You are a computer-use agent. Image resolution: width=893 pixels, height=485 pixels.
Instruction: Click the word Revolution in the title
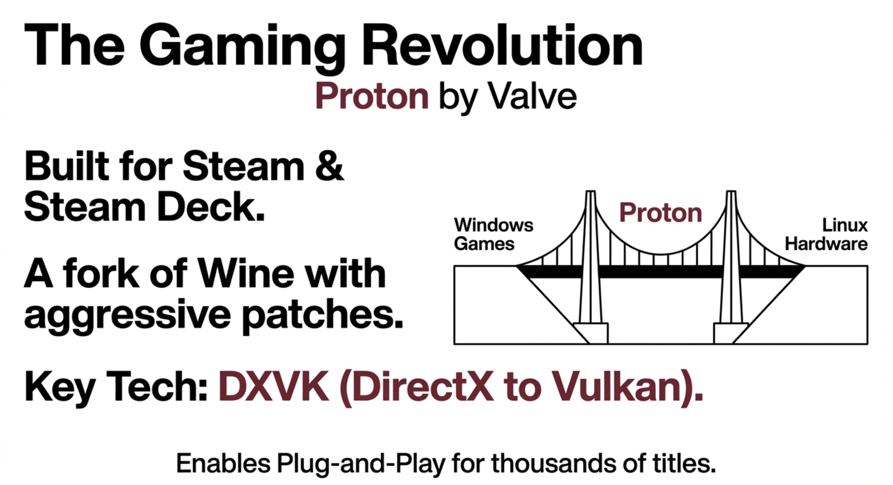click(502, 45)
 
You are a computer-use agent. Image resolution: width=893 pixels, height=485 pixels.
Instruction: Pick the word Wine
click(246, 273)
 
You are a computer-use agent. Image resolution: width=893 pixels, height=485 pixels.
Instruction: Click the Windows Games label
click(493, 234)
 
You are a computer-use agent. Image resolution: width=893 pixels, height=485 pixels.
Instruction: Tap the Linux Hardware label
click(826, 235)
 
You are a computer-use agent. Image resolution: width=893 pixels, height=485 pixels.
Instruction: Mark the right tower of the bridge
click(731, 267)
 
